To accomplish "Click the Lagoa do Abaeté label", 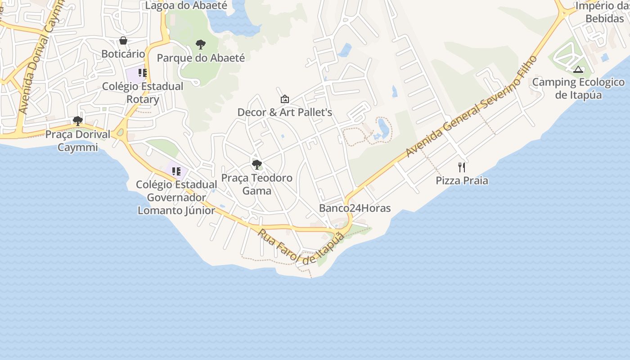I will click(x=186, y=6).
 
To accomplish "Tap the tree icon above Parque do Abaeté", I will click(x=201, y=45).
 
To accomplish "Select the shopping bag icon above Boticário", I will click(x=123, y=41).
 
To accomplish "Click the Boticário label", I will click(x=123, y=54).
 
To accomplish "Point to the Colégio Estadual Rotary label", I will click(x=143, y=93).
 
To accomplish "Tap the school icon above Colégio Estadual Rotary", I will click(x=143, y=73).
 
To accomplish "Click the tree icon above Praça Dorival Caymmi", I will click(x=78, y=121).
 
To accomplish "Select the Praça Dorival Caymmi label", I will click(x=78, y=141).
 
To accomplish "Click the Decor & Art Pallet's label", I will click(x=285, y=112).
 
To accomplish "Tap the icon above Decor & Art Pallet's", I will click(x=285, y=99).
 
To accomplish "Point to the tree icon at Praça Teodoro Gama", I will click(x=257, y=165).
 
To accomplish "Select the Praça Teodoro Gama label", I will click(x=257, y=184).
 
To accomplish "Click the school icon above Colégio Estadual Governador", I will click(x=176, y=171).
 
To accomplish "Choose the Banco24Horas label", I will click(x=355, y=208).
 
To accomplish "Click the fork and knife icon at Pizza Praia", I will click(x=462, y=167).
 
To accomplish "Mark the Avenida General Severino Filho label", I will click(x=472, y=107).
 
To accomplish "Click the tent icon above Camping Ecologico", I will click(x=578, y=69).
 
